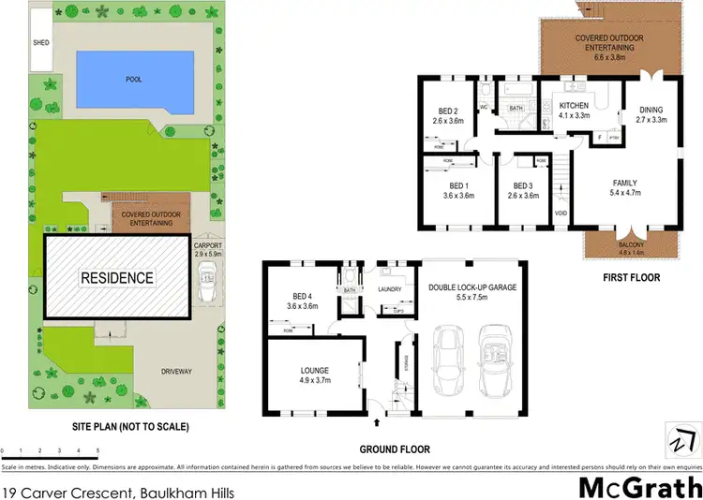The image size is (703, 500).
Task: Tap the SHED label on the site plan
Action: (41, 43)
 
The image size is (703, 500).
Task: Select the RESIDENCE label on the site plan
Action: (116, 278)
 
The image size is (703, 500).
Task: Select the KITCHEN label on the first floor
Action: (573, 106)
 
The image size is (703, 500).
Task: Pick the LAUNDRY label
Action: (389, 290)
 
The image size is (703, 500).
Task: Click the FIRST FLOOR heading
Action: (632, 277)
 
